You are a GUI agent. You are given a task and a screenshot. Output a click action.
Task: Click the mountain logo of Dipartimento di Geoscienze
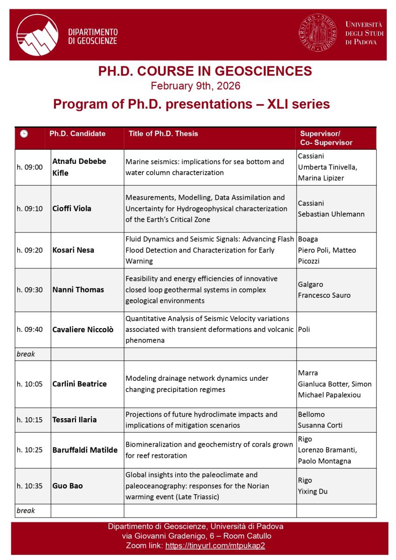point(37,35)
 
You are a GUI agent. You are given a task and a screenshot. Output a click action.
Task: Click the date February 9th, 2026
point(195,86)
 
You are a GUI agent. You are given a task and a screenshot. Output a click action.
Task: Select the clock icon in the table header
point(24,133)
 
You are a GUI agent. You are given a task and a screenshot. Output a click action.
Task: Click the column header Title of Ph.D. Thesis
point(163,133)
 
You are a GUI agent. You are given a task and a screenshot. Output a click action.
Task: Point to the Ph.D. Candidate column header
point(77,133)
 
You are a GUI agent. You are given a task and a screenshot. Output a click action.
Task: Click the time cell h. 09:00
point(29,167)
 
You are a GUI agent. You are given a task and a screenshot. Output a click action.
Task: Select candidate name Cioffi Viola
point(72,209)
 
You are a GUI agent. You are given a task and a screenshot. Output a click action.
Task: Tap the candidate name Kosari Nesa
point(73,250)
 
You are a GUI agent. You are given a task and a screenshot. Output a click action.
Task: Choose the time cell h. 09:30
point(29,289)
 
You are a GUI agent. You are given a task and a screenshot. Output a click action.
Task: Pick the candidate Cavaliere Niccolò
point(83,329)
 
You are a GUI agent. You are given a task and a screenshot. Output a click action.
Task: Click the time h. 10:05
point(29,384)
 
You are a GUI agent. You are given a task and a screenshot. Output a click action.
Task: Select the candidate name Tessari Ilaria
point(75,419)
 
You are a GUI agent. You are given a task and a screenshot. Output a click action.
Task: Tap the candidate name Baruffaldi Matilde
point(84,450)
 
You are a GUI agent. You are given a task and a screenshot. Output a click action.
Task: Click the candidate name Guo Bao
point(68,486)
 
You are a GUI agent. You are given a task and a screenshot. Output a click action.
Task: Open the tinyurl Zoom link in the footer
point(215,546)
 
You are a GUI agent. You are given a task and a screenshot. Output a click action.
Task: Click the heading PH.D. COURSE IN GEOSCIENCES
point(205,71)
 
